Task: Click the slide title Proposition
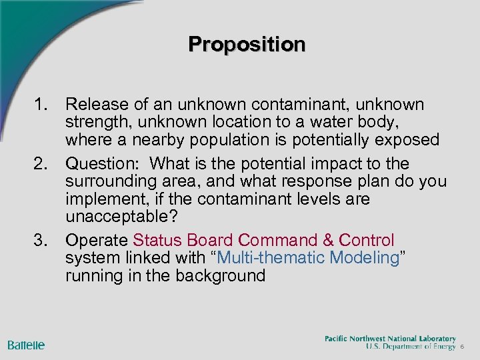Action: coord(247,44)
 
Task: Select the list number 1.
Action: coord(43,105)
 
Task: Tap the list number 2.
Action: coord(43,164)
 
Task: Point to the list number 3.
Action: coord(43,240)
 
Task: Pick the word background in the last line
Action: coord(223,276)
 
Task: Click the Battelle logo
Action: coord(27,345)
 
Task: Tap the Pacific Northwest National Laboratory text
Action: coord(390,339)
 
